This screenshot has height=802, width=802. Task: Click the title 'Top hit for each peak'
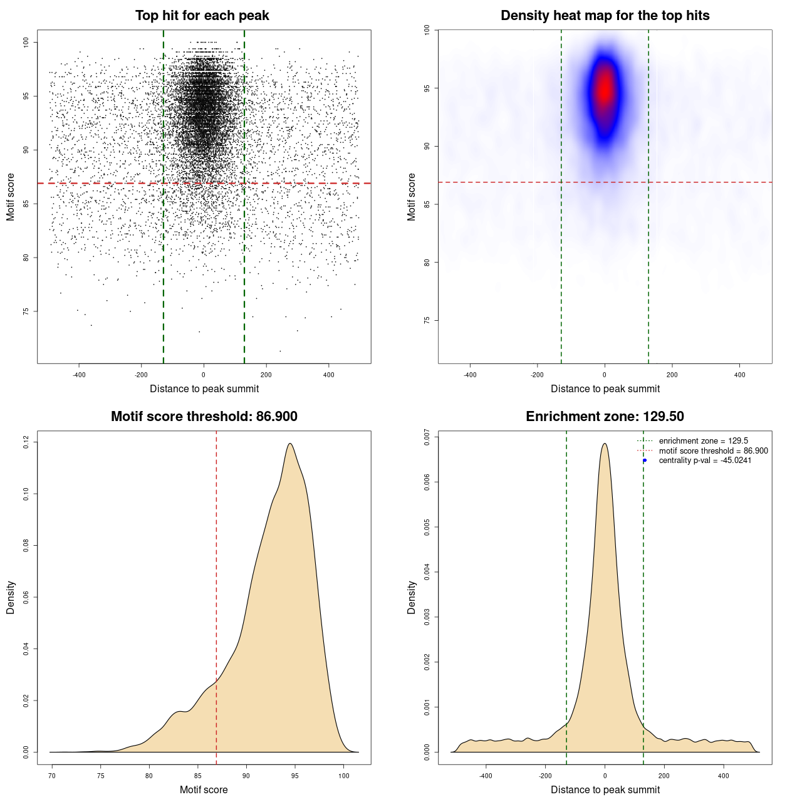click(202, 16)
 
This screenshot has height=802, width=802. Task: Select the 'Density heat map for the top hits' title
click(605, 16)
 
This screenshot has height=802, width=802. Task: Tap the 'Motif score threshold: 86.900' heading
click(204, 417)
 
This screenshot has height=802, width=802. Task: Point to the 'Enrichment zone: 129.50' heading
click(605, 417)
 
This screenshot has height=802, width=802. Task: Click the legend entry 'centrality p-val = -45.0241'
click(705, 461)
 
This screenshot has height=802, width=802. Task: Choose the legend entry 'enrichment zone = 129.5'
click(703, 441)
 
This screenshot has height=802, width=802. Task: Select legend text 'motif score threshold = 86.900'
click(713, 451)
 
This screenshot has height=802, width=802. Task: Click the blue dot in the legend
click(645, 461)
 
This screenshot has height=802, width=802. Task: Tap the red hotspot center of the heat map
click(605, 90)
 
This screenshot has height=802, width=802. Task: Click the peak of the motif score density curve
click(290, 444)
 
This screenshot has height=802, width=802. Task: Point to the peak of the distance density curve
click(605, 444)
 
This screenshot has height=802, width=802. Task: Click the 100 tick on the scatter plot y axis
click(26, 42)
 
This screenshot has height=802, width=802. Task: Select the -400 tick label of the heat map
click(470, 375)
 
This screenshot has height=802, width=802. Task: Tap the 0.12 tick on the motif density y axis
click(26, 442)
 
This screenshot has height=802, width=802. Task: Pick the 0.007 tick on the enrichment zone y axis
click(427, 437)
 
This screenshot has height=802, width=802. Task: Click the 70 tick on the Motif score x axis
click(52, 776)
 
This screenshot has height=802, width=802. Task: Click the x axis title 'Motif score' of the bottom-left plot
click(204, 789)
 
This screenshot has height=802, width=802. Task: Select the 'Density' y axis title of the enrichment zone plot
click(412, 597)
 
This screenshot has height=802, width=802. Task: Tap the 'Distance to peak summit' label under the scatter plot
click(204, 388)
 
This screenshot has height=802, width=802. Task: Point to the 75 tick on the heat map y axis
click(427, 320)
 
